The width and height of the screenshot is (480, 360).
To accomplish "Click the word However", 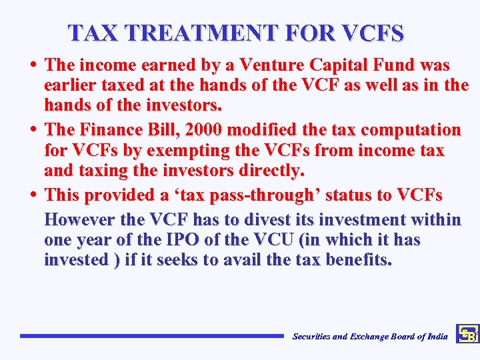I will (77, 219).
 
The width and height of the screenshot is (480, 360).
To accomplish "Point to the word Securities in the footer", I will (312, 337).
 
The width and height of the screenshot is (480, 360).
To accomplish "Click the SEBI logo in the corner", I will (467, 334).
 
